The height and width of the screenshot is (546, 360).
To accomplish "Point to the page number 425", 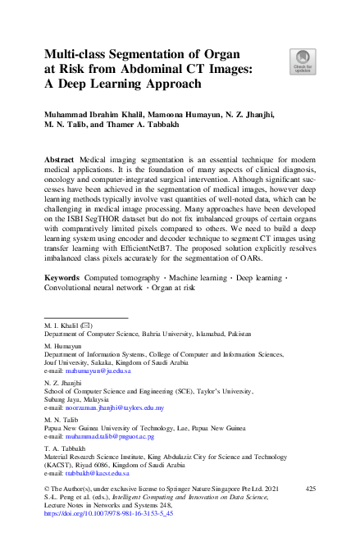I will pyautogui.click(x=310, y=489).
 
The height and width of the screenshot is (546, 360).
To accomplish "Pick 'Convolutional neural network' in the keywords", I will pyautogui.click(x=95, y=290).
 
